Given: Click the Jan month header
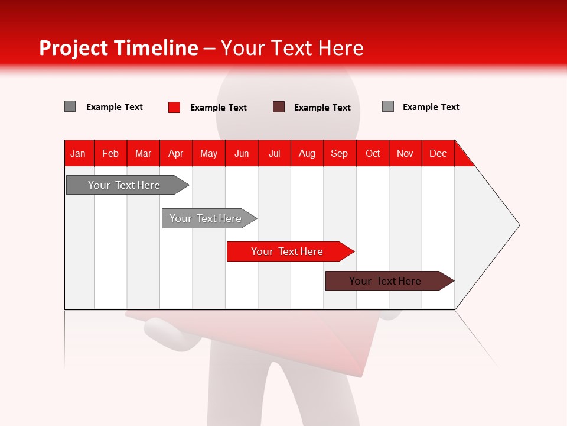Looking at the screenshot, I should click(x=78, y=153).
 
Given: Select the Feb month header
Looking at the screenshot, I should click(x=110, y=153).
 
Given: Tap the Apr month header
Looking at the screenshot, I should click(x=175, y=153).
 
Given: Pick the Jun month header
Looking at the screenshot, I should click(x=242, y=153).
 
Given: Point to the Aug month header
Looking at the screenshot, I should click(x=307, y=153).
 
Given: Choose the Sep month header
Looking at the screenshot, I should click(x=339, y=153).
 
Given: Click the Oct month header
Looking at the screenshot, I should click(x=373, y=153).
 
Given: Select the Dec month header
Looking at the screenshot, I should click(x=438, y=153).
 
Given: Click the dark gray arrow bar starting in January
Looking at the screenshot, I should click(x=124, y=185).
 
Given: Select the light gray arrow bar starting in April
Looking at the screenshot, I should click(x=206, y=218).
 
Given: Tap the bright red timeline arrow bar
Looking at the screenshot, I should click(x=287, y=251).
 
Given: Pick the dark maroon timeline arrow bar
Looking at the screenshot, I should click(x=385, y=281).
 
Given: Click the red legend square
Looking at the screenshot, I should click(x=174, y=107).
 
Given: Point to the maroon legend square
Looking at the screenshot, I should click(x=279, y=107).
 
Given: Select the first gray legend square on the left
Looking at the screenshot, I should click(x=70, y=106).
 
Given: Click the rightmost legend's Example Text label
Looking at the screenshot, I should click(x=431, y=107).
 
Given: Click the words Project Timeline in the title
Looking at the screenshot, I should click(x=118, y=48).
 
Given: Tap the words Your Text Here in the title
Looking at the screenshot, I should click(x=292, y=48).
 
